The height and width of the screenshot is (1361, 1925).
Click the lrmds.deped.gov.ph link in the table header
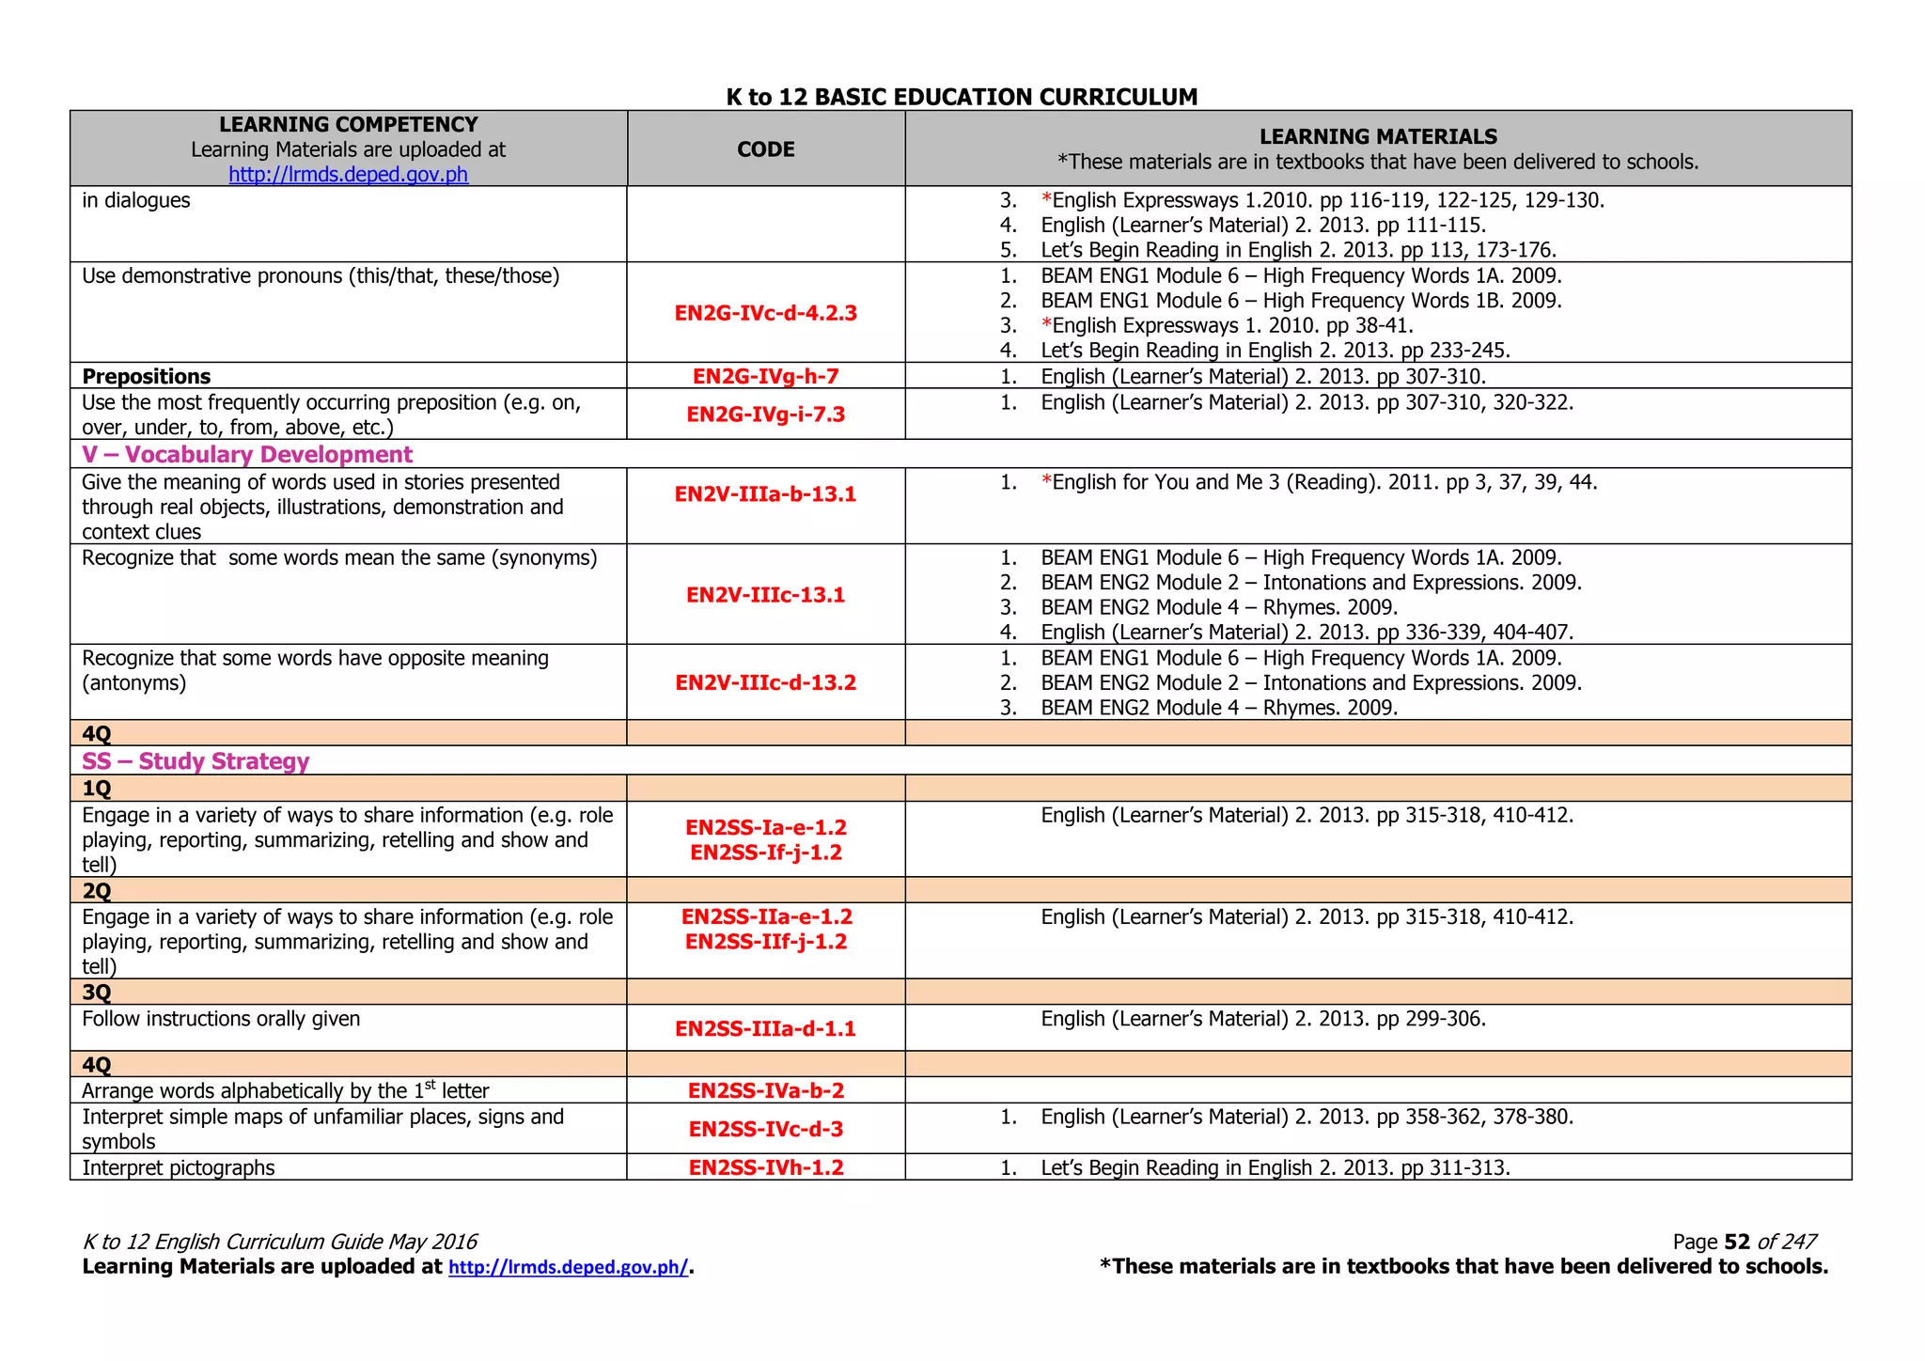click(x=348, y=175)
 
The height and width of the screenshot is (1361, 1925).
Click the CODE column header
click(x=765, y=149)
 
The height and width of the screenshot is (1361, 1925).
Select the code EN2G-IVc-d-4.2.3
click(x=765, y=313)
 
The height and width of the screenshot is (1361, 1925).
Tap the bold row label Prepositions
click(x=147, y=377)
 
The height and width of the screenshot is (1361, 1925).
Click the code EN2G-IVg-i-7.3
click(x=765, y=415)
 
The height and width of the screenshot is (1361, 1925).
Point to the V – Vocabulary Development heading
click(x=247, y=455)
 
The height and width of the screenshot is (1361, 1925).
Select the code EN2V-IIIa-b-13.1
click(x=765, y=494)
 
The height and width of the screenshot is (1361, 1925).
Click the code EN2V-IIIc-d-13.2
click(x=765, y=683)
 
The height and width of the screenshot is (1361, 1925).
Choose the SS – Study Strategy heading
click(x=196, y=761)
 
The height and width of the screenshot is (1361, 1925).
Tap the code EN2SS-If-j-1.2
click(x=765, y=853)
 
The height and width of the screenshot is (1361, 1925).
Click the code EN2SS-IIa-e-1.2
click(x=766, y=916)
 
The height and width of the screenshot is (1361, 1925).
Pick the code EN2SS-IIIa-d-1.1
click(x=765, y=1029)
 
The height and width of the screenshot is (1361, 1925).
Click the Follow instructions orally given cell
click(x=221, y=1020)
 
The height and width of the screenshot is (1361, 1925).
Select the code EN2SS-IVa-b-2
click(x=765, y=1091)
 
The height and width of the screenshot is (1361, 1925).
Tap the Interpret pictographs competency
click(x=179, y=1168)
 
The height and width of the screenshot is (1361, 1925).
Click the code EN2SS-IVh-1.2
click(x=765, y=1168)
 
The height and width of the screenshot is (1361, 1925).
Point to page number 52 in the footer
click(x=1737, y=1243)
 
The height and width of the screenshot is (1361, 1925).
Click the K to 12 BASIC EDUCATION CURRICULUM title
click(x=962, y=97)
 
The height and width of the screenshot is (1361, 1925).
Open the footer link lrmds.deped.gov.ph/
click(x=569, y=1268)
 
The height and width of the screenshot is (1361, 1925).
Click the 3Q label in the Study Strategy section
click(x=97, y=993)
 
